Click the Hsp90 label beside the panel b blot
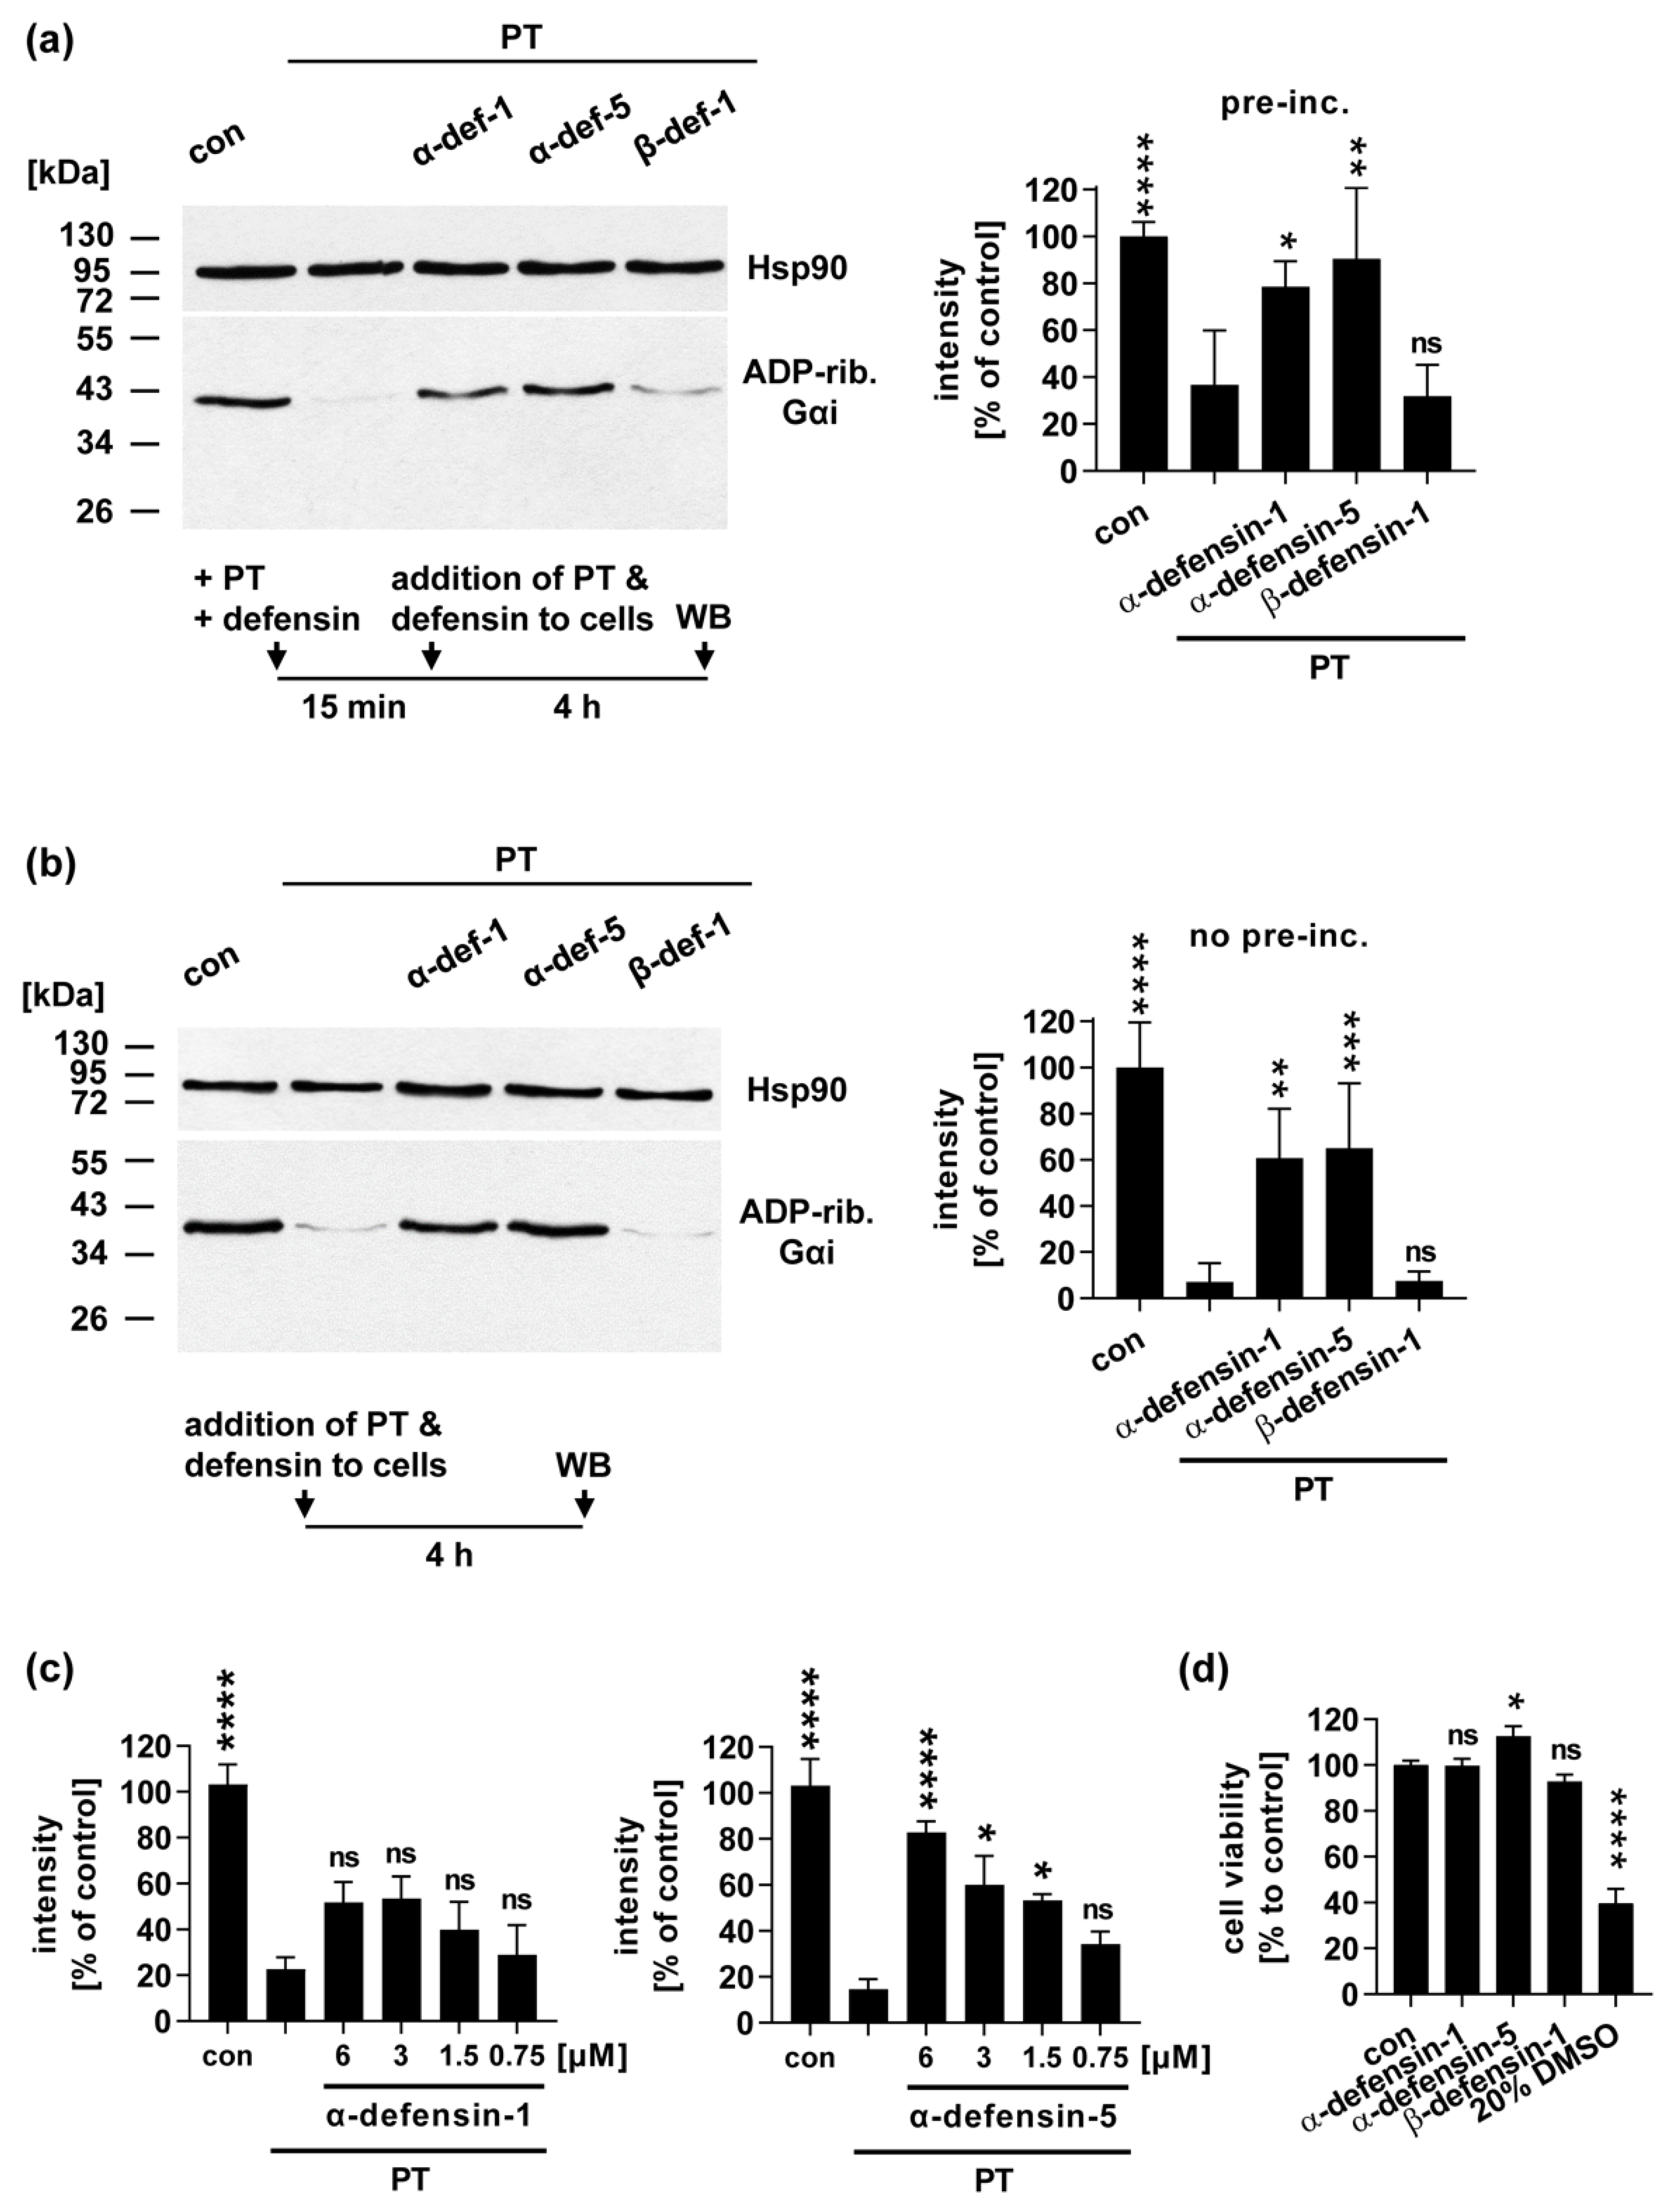point(796,1090)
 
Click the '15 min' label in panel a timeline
point(353,707)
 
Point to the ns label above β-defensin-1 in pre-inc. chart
point(1426,344)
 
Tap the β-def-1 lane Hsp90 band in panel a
point(673,266)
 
